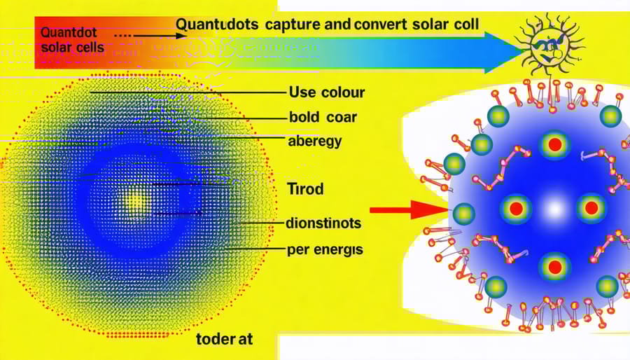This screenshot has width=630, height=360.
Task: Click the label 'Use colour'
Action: coord(326,92)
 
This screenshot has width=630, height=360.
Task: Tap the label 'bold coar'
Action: coord(322,117)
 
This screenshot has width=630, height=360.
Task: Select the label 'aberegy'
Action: coord(314,141)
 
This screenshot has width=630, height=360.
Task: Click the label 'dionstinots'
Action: coord(323,224)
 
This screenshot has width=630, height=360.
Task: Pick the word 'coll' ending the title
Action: coord(464,24)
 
